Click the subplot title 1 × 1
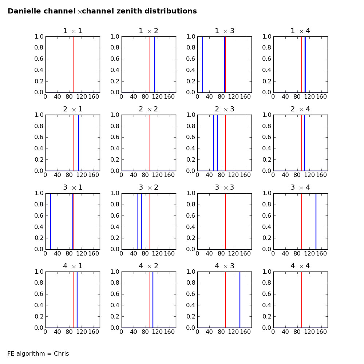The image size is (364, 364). coord(72,31)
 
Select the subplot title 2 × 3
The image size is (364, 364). coord(224,109)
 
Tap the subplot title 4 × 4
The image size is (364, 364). coord(300,266)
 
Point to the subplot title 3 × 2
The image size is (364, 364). coord(148,187)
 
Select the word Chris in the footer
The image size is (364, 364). coord(61,354)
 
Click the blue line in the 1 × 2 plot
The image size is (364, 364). coord(154,64)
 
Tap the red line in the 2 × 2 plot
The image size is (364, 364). coord(150,143)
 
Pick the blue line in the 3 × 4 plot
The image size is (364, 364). coord(316,221)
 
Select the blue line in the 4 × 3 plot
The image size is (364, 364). coord(240,300)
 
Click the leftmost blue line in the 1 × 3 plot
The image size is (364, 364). coord(202,64)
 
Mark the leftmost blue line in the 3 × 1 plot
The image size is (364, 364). coord(50,221)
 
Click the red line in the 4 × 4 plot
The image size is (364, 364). coord(301,300)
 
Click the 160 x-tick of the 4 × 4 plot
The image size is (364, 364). coord(321,332)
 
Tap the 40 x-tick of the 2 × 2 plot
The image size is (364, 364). coord(133,175)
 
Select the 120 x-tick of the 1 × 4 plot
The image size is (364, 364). coord(309,97)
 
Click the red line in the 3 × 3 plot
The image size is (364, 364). coord(225,221)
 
